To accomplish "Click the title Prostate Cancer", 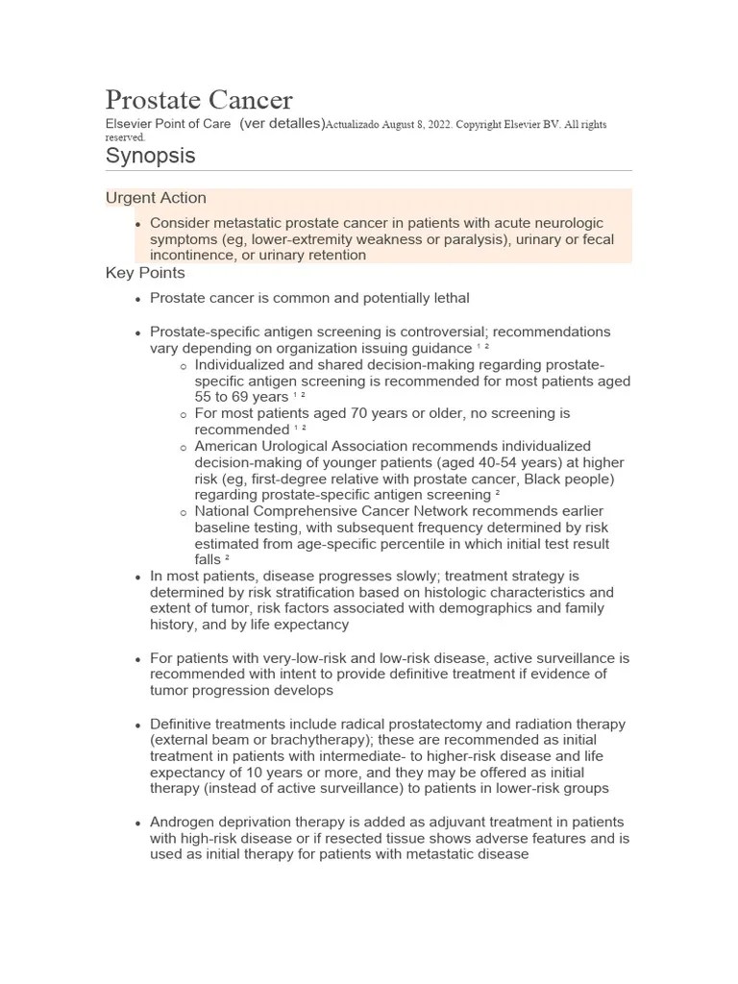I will tap(199, 100).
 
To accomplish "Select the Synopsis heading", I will tap(150, 155).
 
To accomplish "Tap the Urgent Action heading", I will tap(156, 198).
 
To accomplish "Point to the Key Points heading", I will tap(145, 273).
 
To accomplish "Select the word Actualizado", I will tap(355, 125).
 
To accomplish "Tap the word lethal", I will tap(449, 299).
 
